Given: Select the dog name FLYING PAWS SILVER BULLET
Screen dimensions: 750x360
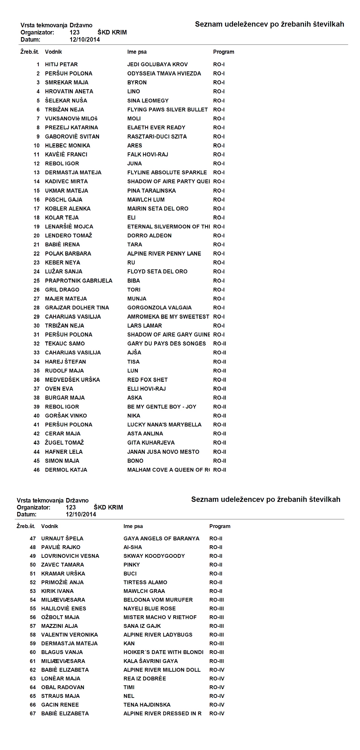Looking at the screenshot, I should click(167, 109).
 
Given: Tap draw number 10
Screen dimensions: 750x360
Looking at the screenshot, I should click(36, 146).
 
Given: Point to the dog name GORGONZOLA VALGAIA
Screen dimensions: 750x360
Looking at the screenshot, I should click(159, 307).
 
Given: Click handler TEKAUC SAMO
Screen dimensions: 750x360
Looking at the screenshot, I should click(65, 343).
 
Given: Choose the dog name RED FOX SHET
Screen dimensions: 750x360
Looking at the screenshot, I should click(147, 380).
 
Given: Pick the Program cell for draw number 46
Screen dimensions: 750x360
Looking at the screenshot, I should click(219, 470).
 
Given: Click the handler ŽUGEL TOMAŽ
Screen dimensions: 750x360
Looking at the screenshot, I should click(64, 443).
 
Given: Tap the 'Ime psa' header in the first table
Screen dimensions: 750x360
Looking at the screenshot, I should click(137, 52).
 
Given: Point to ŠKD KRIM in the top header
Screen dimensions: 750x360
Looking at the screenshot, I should click(112, 32).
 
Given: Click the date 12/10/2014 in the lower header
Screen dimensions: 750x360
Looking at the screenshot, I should click(81, 514).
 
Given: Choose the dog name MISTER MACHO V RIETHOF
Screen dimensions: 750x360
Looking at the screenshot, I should click(160, 617).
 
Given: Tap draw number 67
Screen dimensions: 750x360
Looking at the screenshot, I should click(33, 713).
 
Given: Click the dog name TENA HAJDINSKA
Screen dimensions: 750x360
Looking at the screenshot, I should click(147, 705).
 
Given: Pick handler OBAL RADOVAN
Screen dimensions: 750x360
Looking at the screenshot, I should click(63, 687).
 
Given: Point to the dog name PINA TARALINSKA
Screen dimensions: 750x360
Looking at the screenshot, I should click(152, 191).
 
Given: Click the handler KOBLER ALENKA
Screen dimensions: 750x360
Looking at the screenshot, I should click(68, 209).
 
